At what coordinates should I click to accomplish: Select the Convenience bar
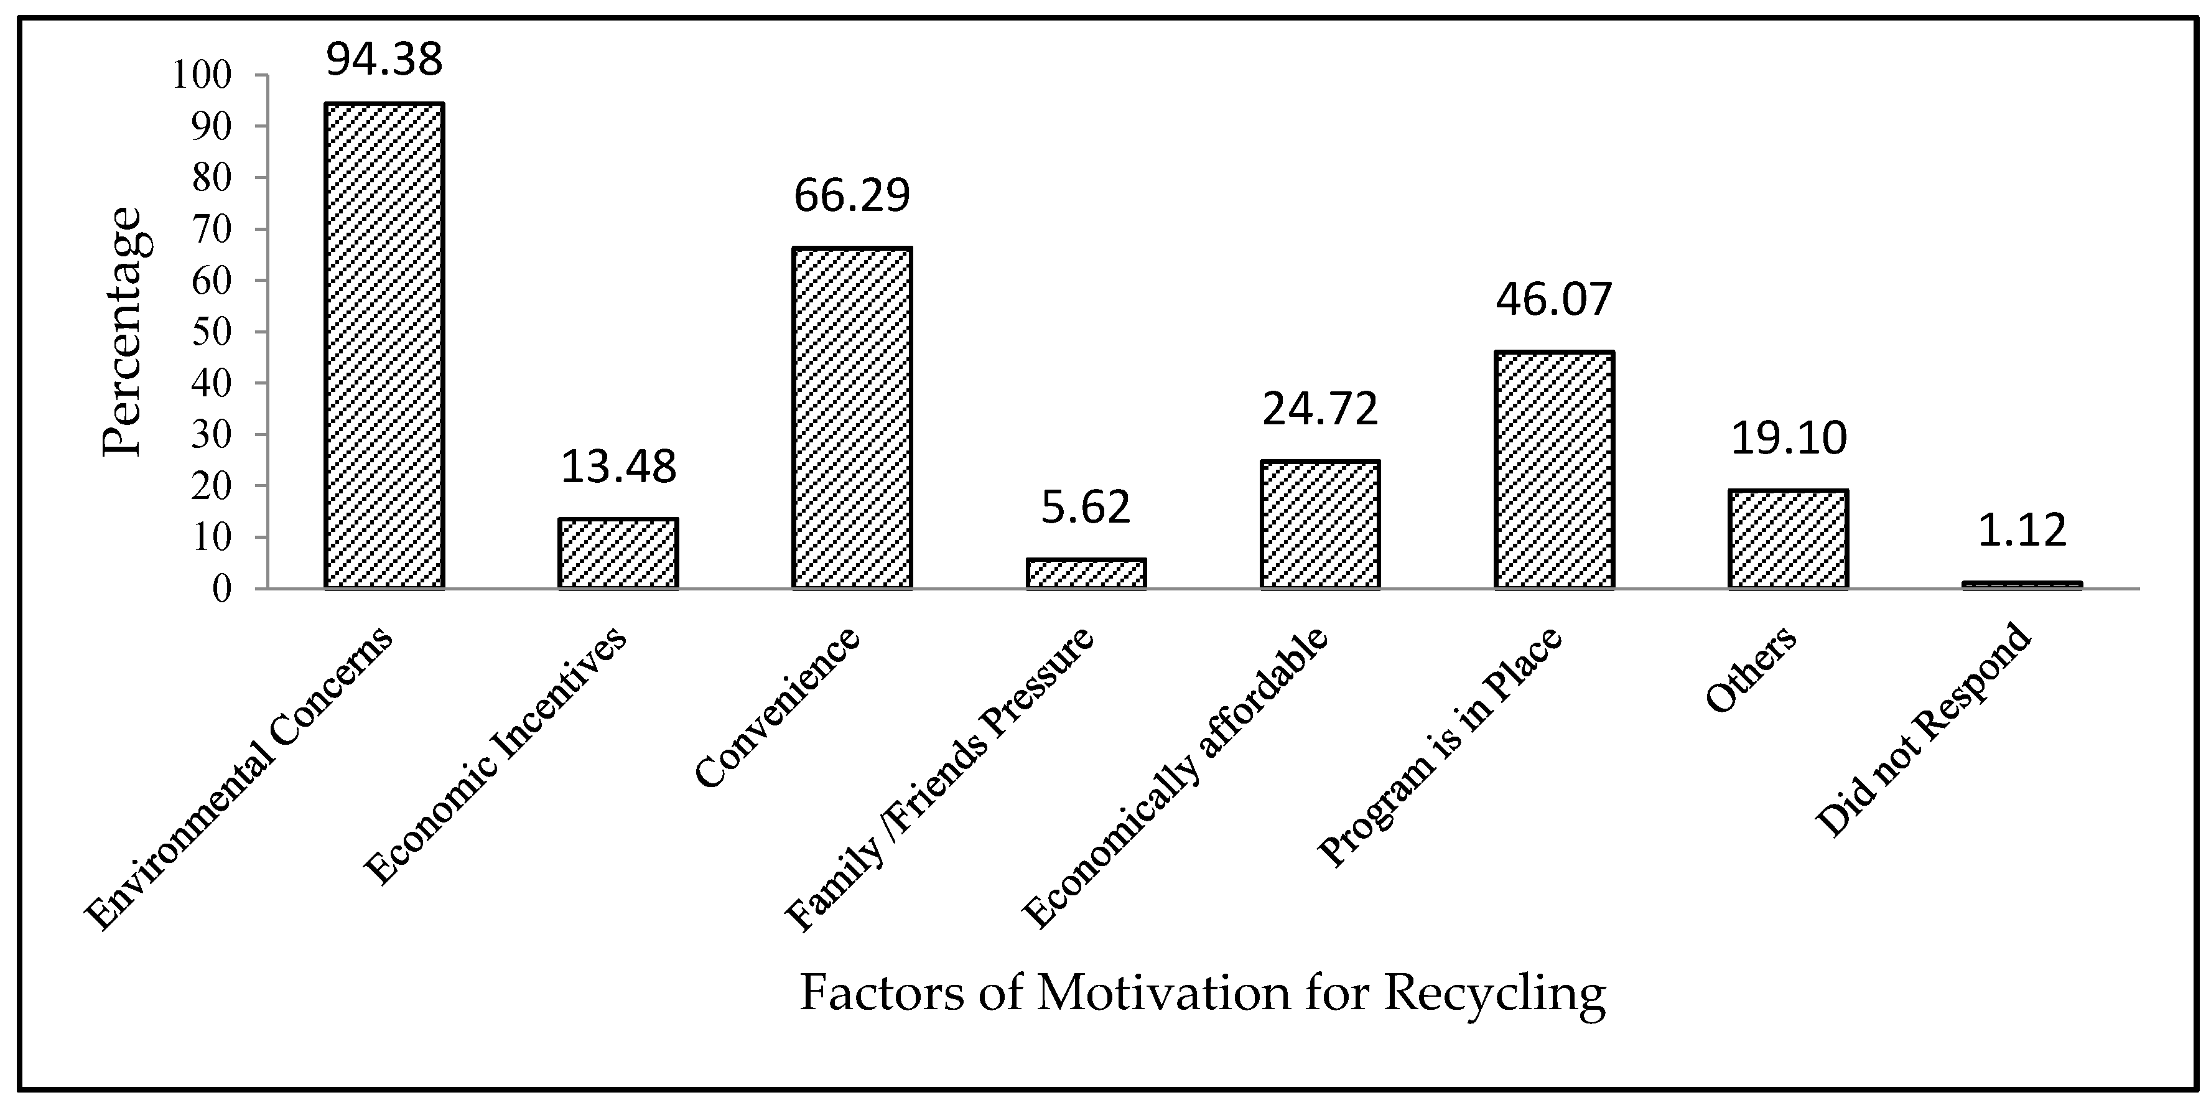[x=852, y=418]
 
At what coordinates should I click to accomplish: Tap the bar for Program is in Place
[x=1554, y=470]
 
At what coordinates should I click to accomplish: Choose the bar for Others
[x=1788, y=539]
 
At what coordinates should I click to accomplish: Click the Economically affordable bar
[x=1319, y=524]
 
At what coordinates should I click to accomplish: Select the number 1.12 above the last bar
[x=2022, y=531]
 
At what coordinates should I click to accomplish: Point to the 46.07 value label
[x=1554, y=301]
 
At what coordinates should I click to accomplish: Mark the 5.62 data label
[x=1086, y=508]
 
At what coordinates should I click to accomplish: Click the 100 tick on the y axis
[x=202, y=75]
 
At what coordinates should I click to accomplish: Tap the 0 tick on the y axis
[x=222, y=589]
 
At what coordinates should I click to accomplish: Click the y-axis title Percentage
[x=123, y=332]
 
